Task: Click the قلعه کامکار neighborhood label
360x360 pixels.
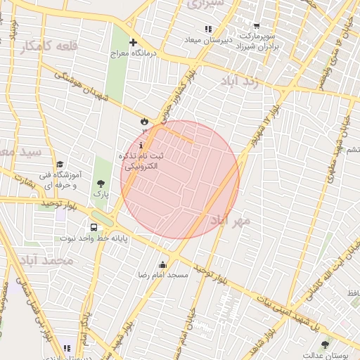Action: [47, 46]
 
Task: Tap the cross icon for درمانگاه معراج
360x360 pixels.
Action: [133, 42]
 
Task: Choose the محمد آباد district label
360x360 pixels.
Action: [48, 261]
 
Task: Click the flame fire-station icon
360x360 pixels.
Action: [144, 120]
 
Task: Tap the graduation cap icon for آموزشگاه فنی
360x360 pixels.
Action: [60, 164]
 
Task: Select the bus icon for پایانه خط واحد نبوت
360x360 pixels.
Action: [94, 227]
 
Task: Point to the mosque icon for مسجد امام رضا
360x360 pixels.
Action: [163, 264]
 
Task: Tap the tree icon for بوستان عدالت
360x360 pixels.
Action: [324, 344]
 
